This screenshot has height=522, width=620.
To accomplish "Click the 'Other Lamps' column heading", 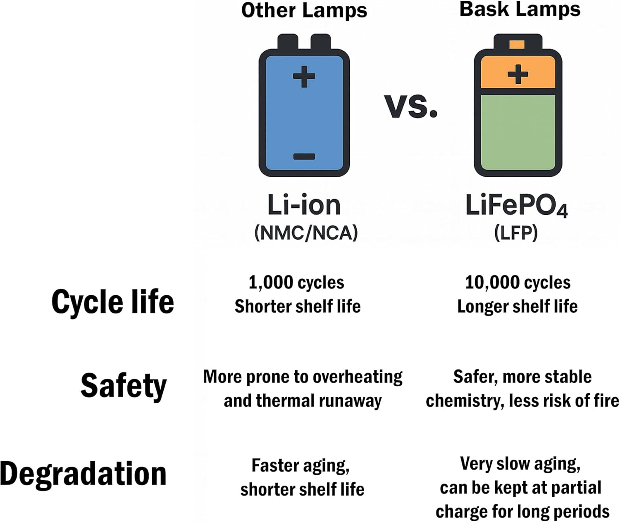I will tap(304, 10).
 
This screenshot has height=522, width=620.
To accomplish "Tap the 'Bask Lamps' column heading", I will tap(520, 9).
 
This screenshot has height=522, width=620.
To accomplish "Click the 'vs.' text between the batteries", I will tap(410, 106).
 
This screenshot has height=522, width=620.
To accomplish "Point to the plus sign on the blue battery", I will tap(304, 76).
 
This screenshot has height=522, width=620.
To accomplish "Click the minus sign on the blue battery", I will tap(304, 157).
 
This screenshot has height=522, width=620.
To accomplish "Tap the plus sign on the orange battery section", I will tap(517, 74).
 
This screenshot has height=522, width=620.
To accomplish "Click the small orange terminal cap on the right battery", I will tap(517, 45).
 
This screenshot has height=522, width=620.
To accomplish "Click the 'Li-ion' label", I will tap(304, 205).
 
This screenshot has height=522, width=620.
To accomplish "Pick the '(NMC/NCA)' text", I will tap(306, 233).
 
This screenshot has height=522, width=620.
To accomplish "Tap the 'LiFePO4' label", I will tap(516, 205).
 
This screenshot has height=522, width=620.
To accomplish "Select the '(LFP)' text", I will tap(516, 233).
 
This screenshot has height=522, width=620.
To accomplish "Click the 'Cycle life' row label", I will tap(112, 302).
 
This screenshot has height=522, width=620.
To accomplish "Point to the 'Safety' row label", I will tap(123, 386).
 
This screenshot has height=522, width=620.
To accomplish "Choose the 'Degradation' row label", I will tap(83, 474).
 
